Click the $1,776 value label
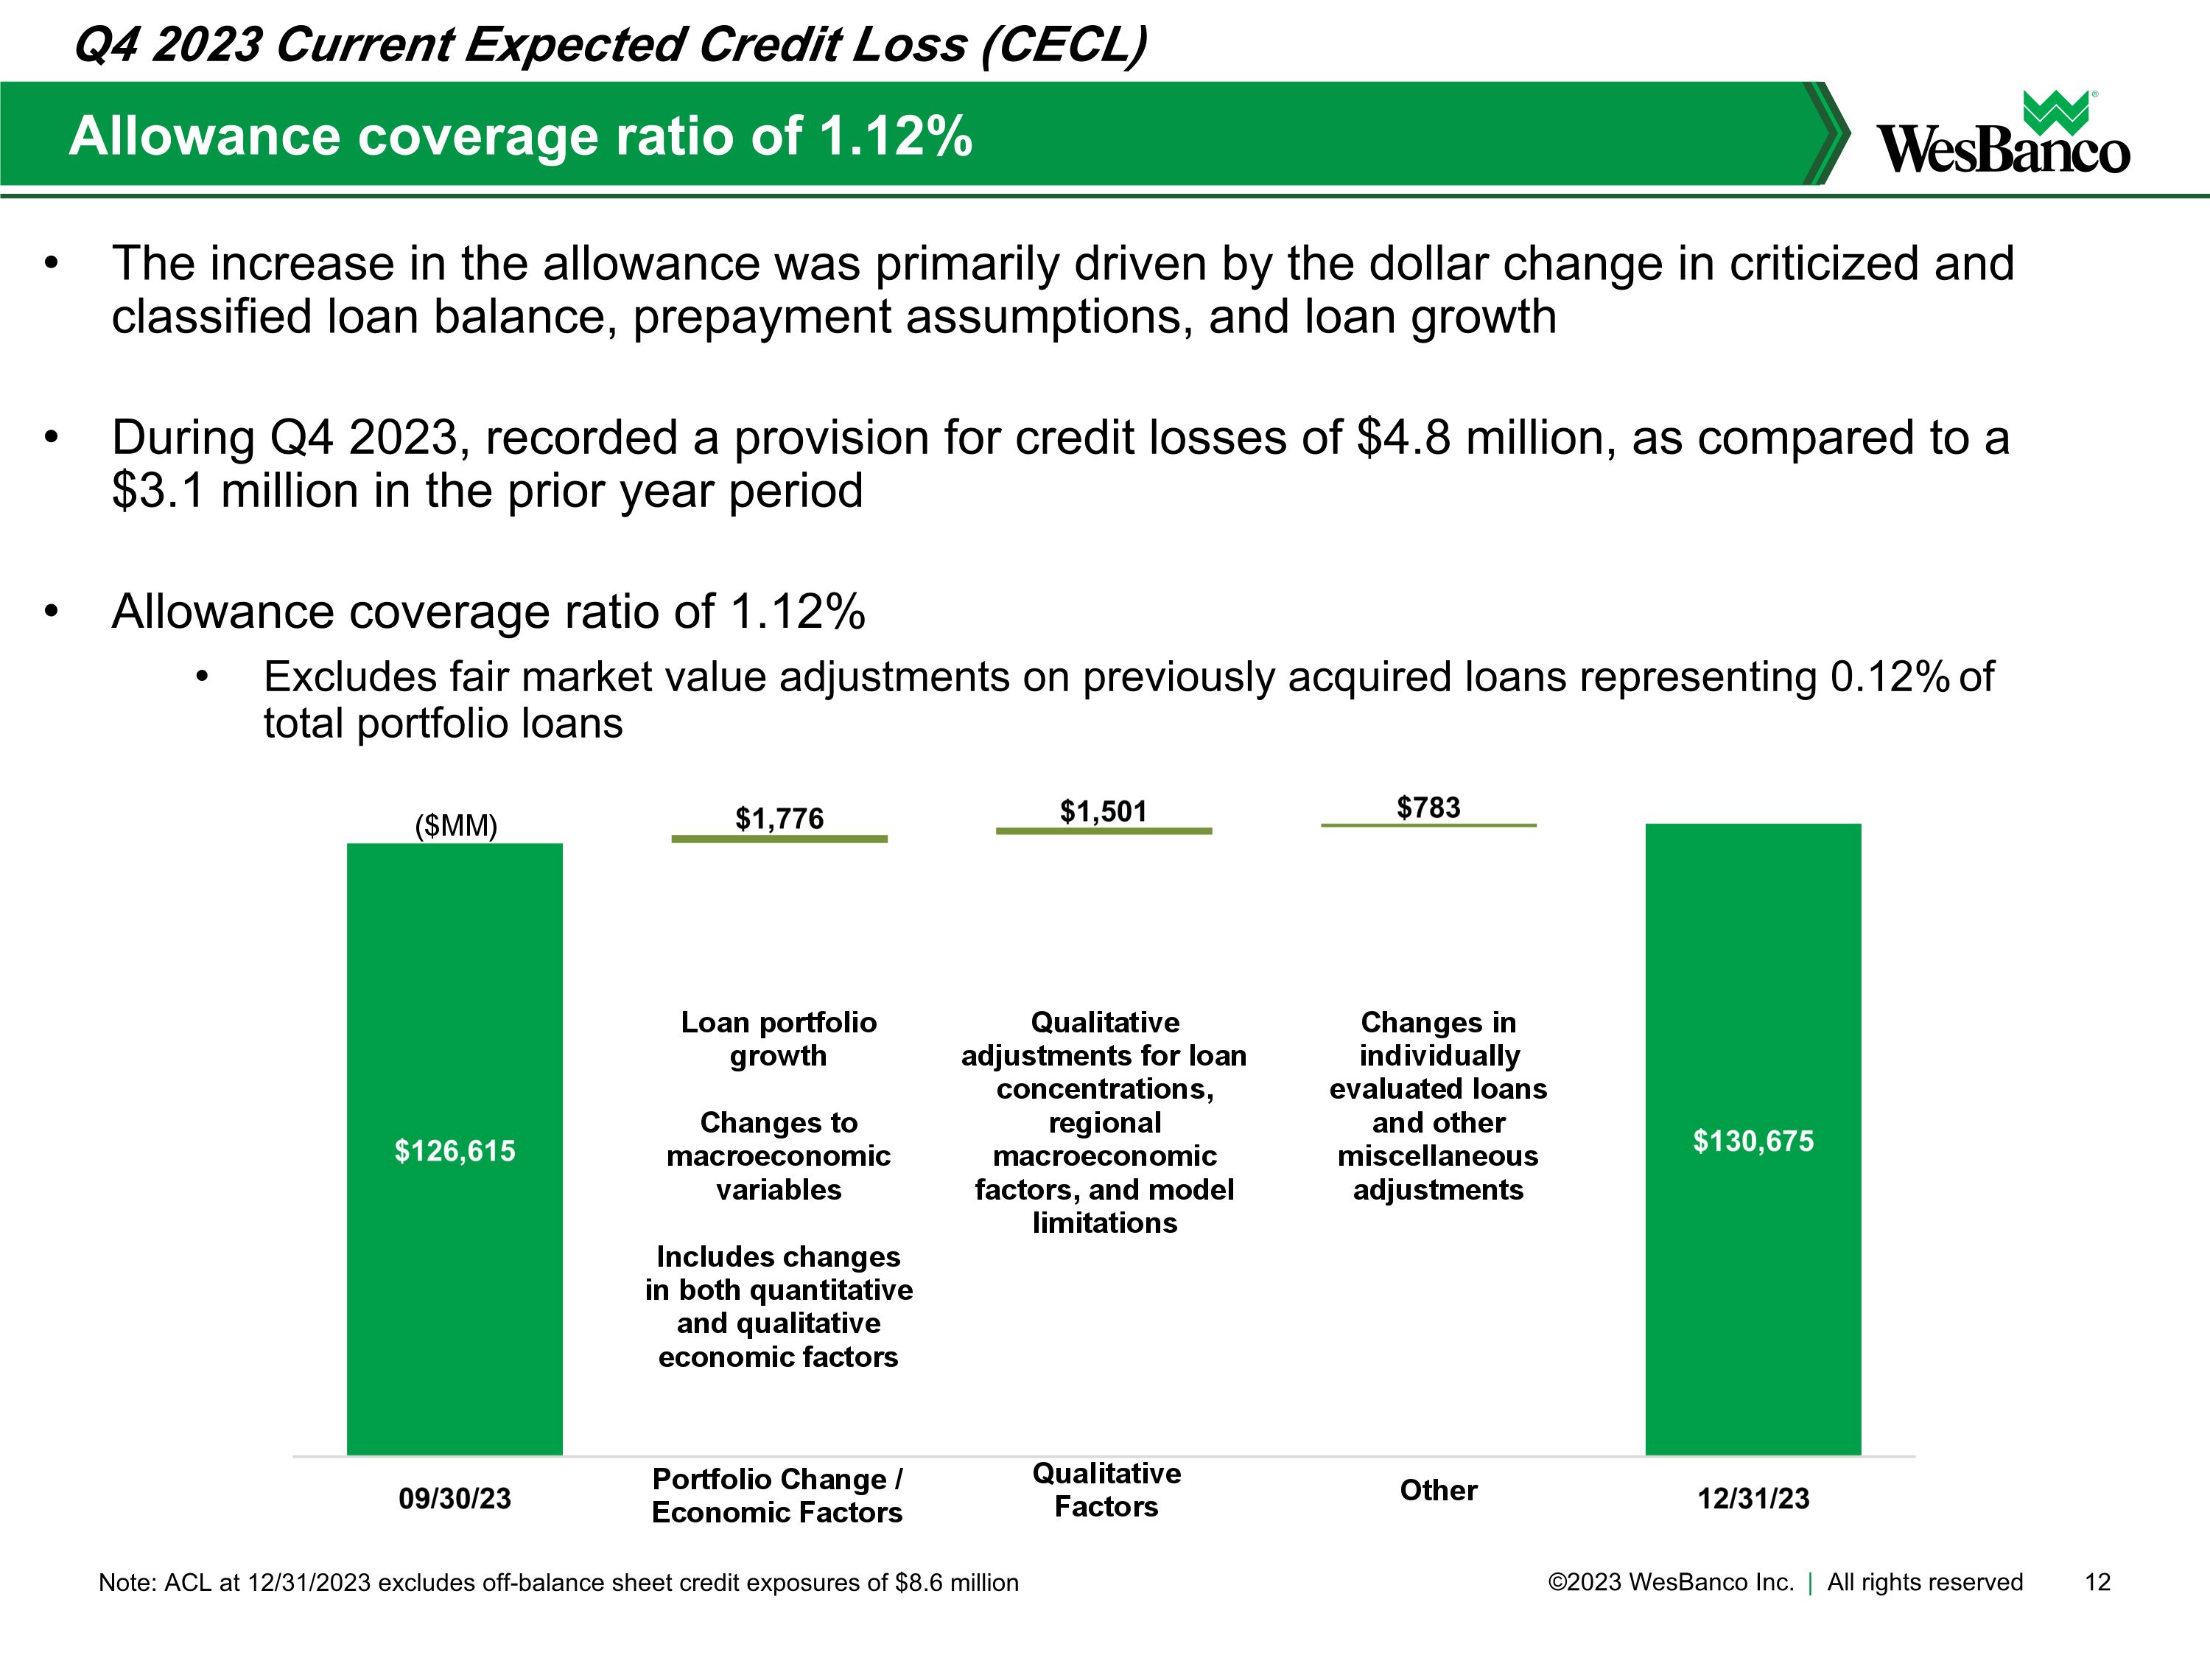coord(779,819)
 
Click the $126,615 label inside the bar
coord(455,1150)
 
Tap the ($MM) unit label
coord(455,825)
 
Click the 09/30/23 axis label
coord(455,1498)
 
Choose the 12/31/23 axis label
coord(1753,1498)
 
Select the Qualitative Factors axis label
coord(1106,1489)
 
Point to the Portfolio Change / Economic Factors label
coord(777,1495)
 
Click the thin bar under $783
coord(1428,825)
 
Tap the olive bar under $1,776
coord(779,839)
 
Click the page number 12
coord(2097,1582)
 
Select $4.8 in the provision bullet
coord(1403,438)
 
